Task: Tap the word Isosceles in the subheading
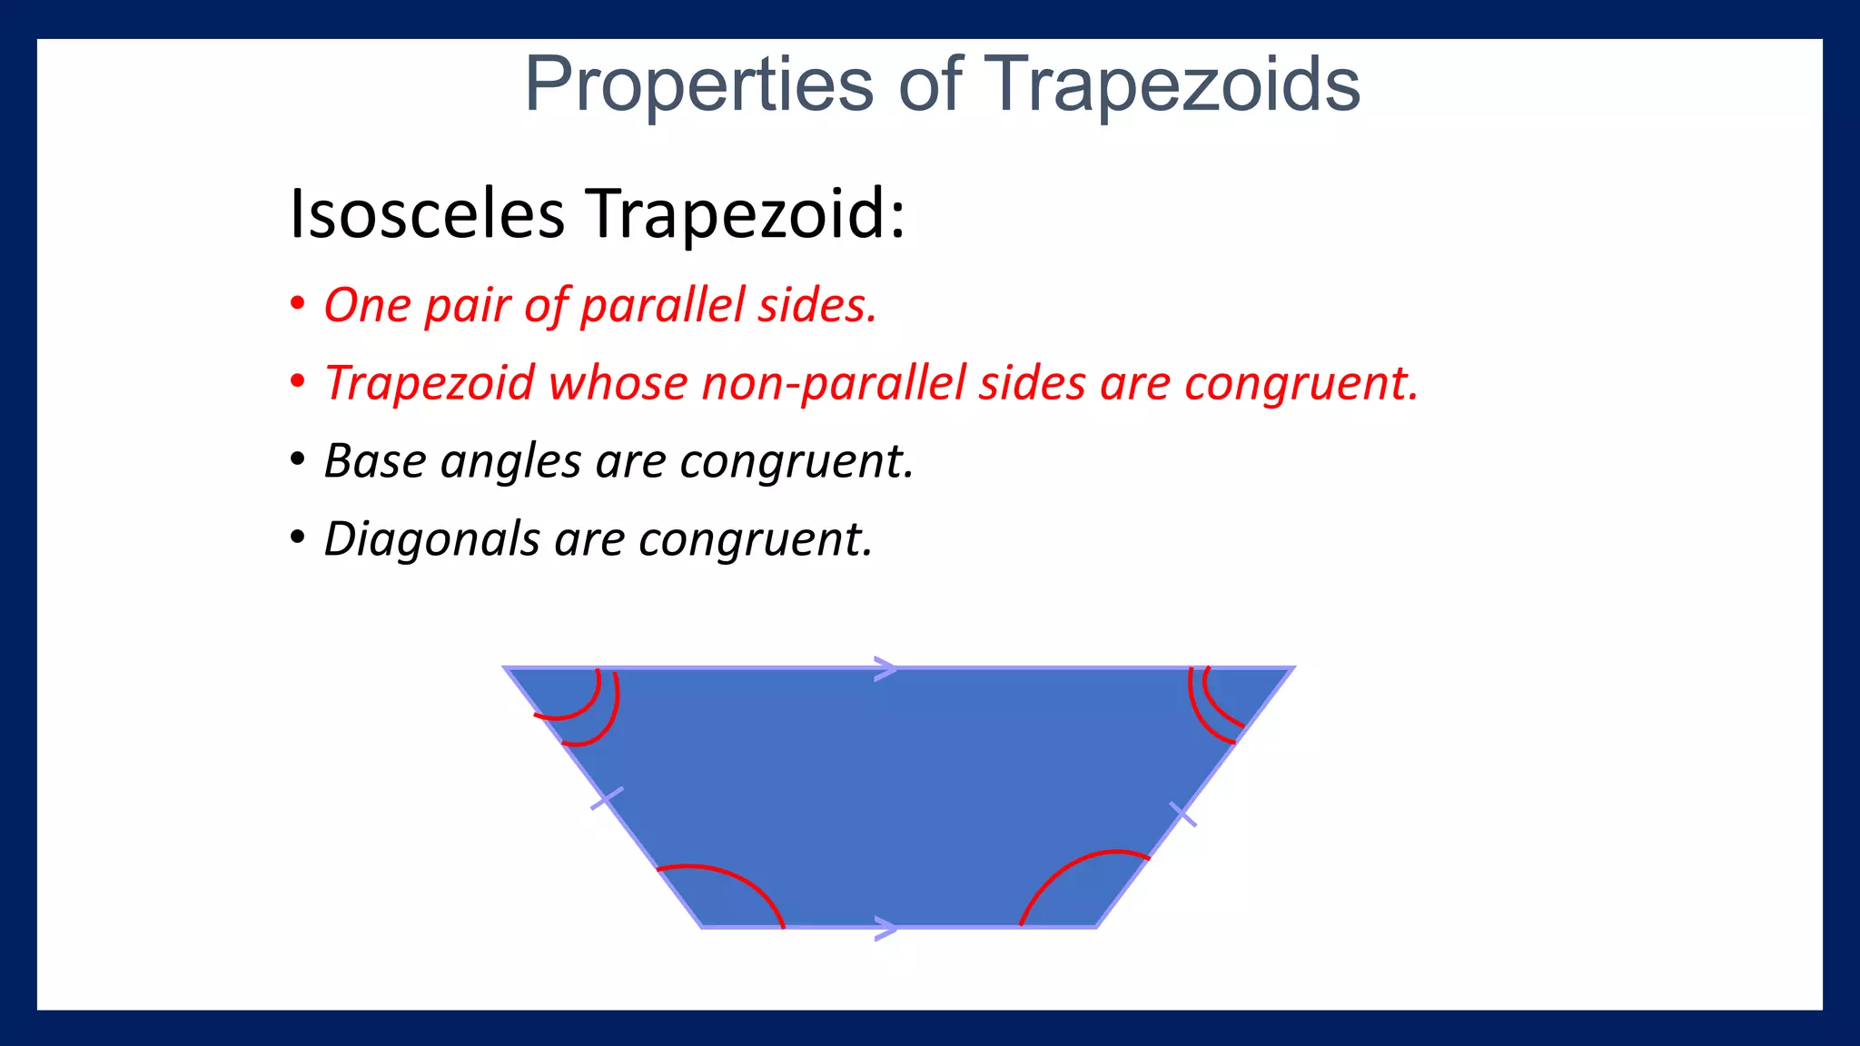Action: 427,214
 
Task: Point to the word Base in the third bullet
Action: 375,461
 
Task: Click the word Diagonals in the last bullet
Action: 431,539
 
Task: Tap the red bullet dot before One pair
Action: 297,304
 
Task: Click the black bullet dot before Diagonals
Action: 297,538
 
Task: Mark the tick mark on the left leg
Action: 607,799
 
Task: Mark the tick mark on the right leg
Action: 1182,814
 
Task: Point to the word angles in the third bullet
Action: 510,461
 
